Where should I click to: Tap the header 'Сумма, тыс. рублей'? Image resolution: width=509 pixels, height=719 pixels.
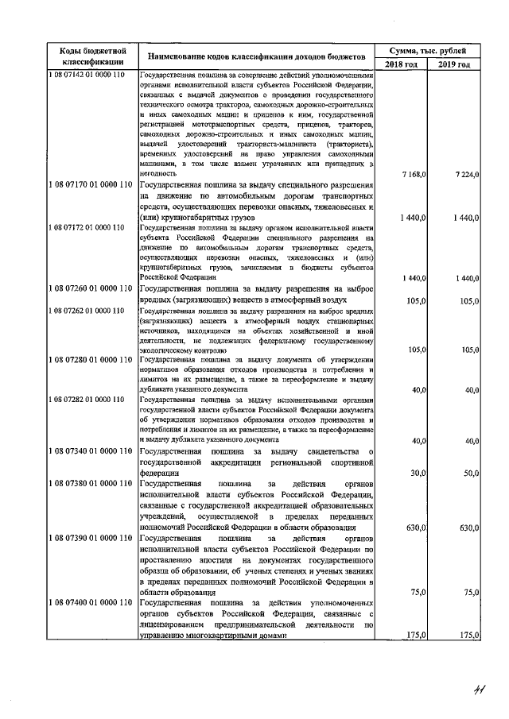428,49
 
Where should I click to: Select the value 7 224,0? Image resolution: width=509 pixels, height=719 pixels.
464,172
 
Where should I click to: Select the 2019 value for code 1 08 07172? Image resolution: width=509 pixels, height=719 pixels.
464,278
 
